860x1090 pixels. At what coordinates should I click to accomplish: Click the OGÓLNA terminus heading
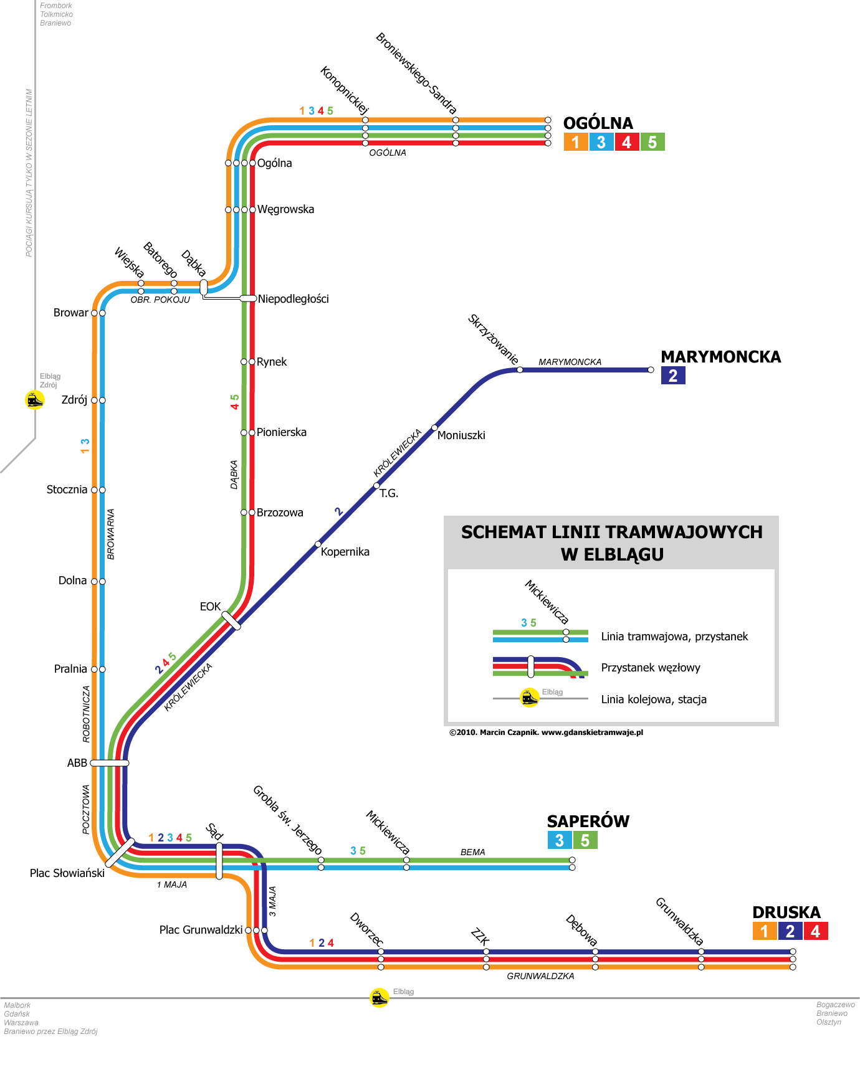[x=598, y=123]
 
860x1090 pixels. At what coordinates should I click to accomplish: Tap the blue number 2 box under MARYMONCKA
[x=673, y=376]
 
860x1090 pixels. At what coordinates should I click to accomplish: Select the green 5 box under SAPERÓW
[x=585, y=840]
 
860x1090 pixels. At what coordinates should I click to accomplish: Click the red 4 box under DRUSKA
[x=816, y=931]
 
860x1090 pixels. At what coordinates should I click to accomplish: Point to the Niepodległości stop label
[x=293, y=299]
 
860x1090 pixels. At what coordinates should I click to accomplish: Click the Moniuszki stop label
[x=461, y=435]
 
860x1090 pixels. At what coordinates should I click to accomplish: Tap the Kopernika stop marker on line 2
[x=318, y=544]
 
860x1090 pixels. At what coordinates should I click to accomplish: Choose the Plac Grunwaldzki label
[x=201, y=930]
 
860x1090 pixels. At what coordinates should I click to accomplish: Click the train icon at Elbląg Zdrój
[x=35, y=399]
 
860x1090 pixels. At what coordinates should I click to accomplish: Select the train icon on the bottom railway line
[x=380, y=997]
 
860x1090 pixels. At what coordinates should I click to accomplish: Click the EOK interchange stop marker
[x=231, y=620]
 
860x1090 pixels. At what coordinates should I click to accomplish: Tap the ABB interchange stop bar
[x=110, y=763]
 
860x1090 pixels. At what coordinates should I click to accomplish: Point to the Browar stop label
[x=70, y=313]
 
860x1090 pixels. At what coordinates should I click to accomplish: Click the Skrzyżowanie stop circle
[x=520, y=370]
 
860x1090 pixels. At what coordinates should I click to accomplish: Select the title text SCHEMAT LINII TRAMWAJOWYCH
[x=611, y=532]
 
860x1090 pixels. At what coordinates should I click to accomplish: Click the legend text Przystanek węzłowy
[x=651, y=668]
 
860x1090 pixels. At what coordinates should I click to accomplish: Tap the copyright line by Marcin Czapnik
[x=546, y=732]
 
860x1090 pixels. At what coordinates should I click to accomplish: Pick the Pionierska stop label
[x=282, y=432]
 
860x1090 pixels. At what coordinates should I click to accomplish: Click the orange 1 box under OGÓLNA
[x=576, y=142]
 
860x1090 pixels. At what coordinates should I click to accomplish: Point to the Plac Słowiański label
[x=67, y=873]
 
